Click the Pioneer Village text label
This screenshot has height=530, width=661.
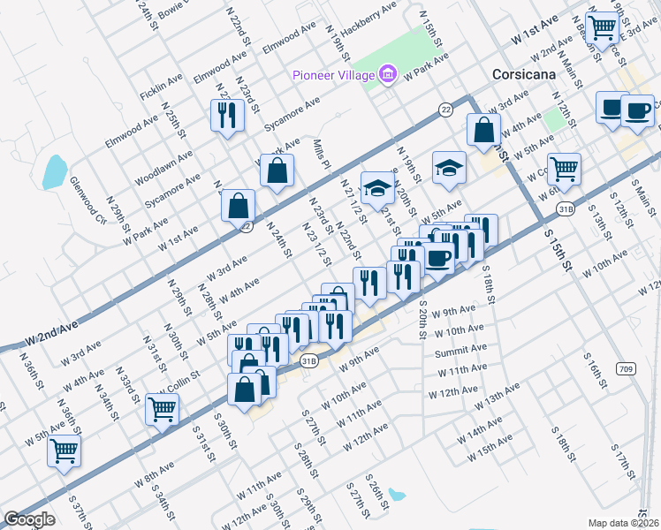tap(334, 74)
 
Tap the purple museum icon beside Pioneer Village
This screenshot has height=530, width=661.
tap(387, 74)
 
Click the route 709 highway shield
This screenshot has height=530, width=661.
tap(627, 367)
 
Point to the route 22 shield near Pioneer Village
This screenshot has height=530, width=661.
tap(445, 109)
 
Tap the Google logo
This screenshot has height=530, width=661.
tap(29, 519)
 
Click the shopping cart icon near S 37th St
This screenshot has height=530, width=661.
tap(65, 450)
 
